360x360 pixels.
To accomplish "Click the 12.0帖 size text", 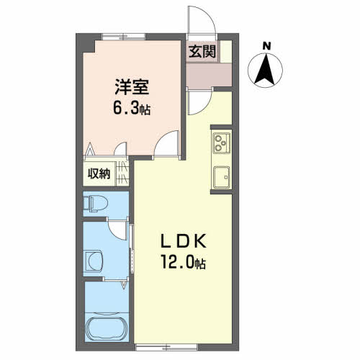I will (x=181, y=263).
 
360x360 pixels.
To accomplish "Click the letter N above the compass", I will (x=266, y=48).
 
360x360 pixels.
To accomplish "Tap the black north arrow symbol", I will (x=266, y=70).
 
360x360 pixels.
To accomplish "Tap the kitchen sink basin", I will (x=221, y=175).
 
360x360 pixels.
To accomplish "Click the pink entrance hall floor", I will (x=209, y=73).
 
